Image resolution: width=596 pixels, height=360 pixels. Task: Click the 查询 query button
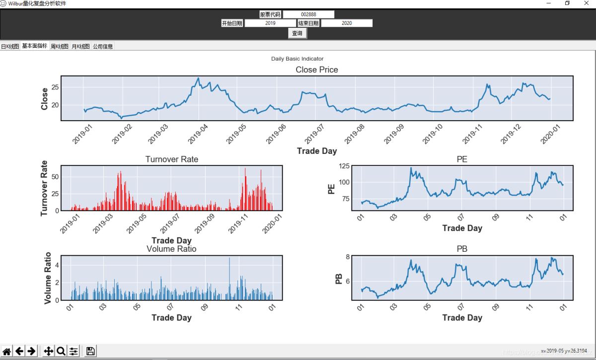click(297, 33)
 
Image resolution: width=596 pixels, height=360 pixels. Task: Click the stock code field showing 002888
click(308, 14)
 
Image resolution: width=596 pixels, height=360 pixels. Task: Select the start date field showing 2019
click(270, 23)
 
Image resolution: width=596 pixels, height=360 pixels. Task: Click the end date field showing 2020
click(347, 23)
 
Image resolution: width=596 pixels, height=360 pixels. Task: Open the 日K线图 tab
click(10, 46)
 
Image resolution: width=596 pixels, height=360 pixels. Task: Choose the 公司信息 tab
click(103, 46)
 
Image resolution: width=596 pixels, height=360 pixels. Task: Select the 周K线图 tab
click(60, 46)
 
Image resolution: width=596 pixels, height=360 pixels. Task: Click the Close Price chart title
click(317, 70)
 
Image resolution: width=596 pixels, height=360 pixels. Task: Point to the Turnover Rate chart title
click(171, 159)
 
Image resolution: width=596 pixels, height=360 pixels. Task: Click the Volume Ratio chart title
click(171, 249)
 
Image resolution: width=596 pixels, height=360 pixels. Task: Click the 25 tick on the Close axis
click(55, 87)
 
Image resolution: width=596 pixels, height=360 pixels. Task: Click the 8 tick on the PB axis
click(348, 257)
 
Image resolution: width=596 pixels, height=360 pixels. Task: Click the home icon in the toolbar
click(7, 351)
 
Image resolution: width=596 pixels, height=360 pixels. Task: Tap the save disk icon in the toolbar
click(90, 351)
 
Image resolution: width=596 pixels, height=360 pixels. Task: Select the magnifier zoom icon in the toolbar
click(61, 351)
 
